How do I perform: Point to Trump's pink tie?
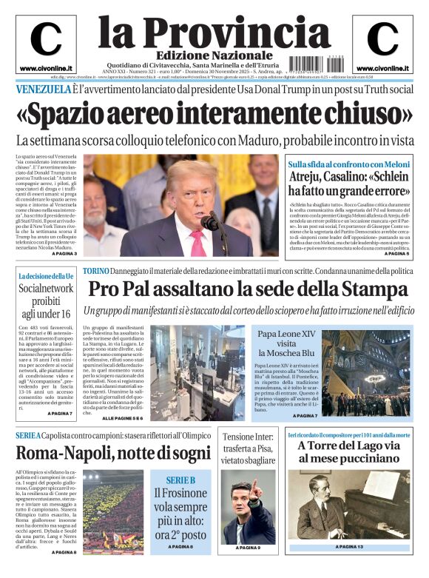click(199, 241)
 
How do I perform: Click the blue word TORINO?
click(96, 271)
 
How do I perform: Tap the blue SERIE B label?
click(180, 480)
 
